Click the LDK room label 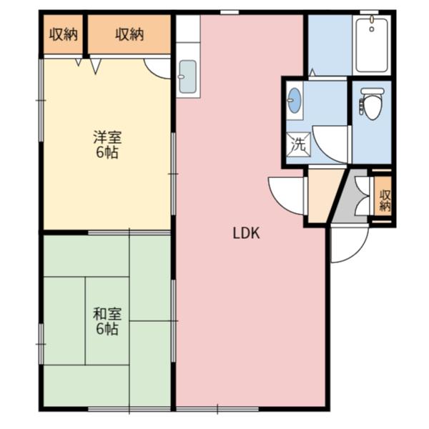coord(246,233)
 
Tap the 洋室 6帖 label coord(107,144)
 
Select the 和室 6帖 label coord(107,321)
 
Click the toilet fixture coord(373,104)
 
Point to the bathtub coord(372,44)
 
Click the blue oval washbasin coord(295,100)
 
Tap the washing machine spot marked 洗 coord(298,144)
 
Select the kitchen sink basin coord(187,77)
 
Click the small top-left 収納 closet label coord(64,35)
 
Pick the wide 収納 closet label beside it coord(129,35)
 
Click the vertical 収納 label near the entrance coord(385,200)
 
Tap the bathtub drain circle coord(372,29)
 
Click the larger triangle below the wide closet coord(96,66)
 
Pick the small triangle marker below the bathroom coord(312,72)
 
